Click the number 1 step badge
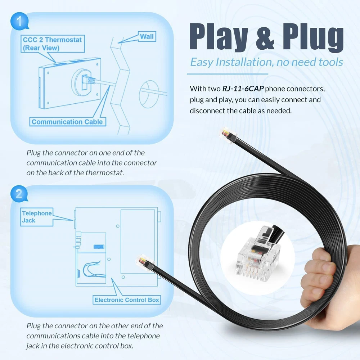tap(19, 21)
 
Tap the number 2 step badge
tap(19, 194)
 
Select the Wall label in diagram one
tap(147, 36)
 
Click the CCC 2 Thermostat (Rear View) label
tap(53, 44)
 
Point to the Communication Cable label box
tap(68, 122)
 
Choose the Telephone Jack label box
tap(37, 217)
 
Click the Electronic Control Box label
tap(127, 300)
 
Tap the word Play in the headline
tap(219, 37)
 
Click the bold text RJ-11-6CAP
tap(243, 89)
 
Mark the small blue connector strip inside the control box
tap(99, 247)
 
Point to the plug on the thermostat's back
tap(89, 80)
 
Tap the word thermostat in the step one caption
tap(104, 173)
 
